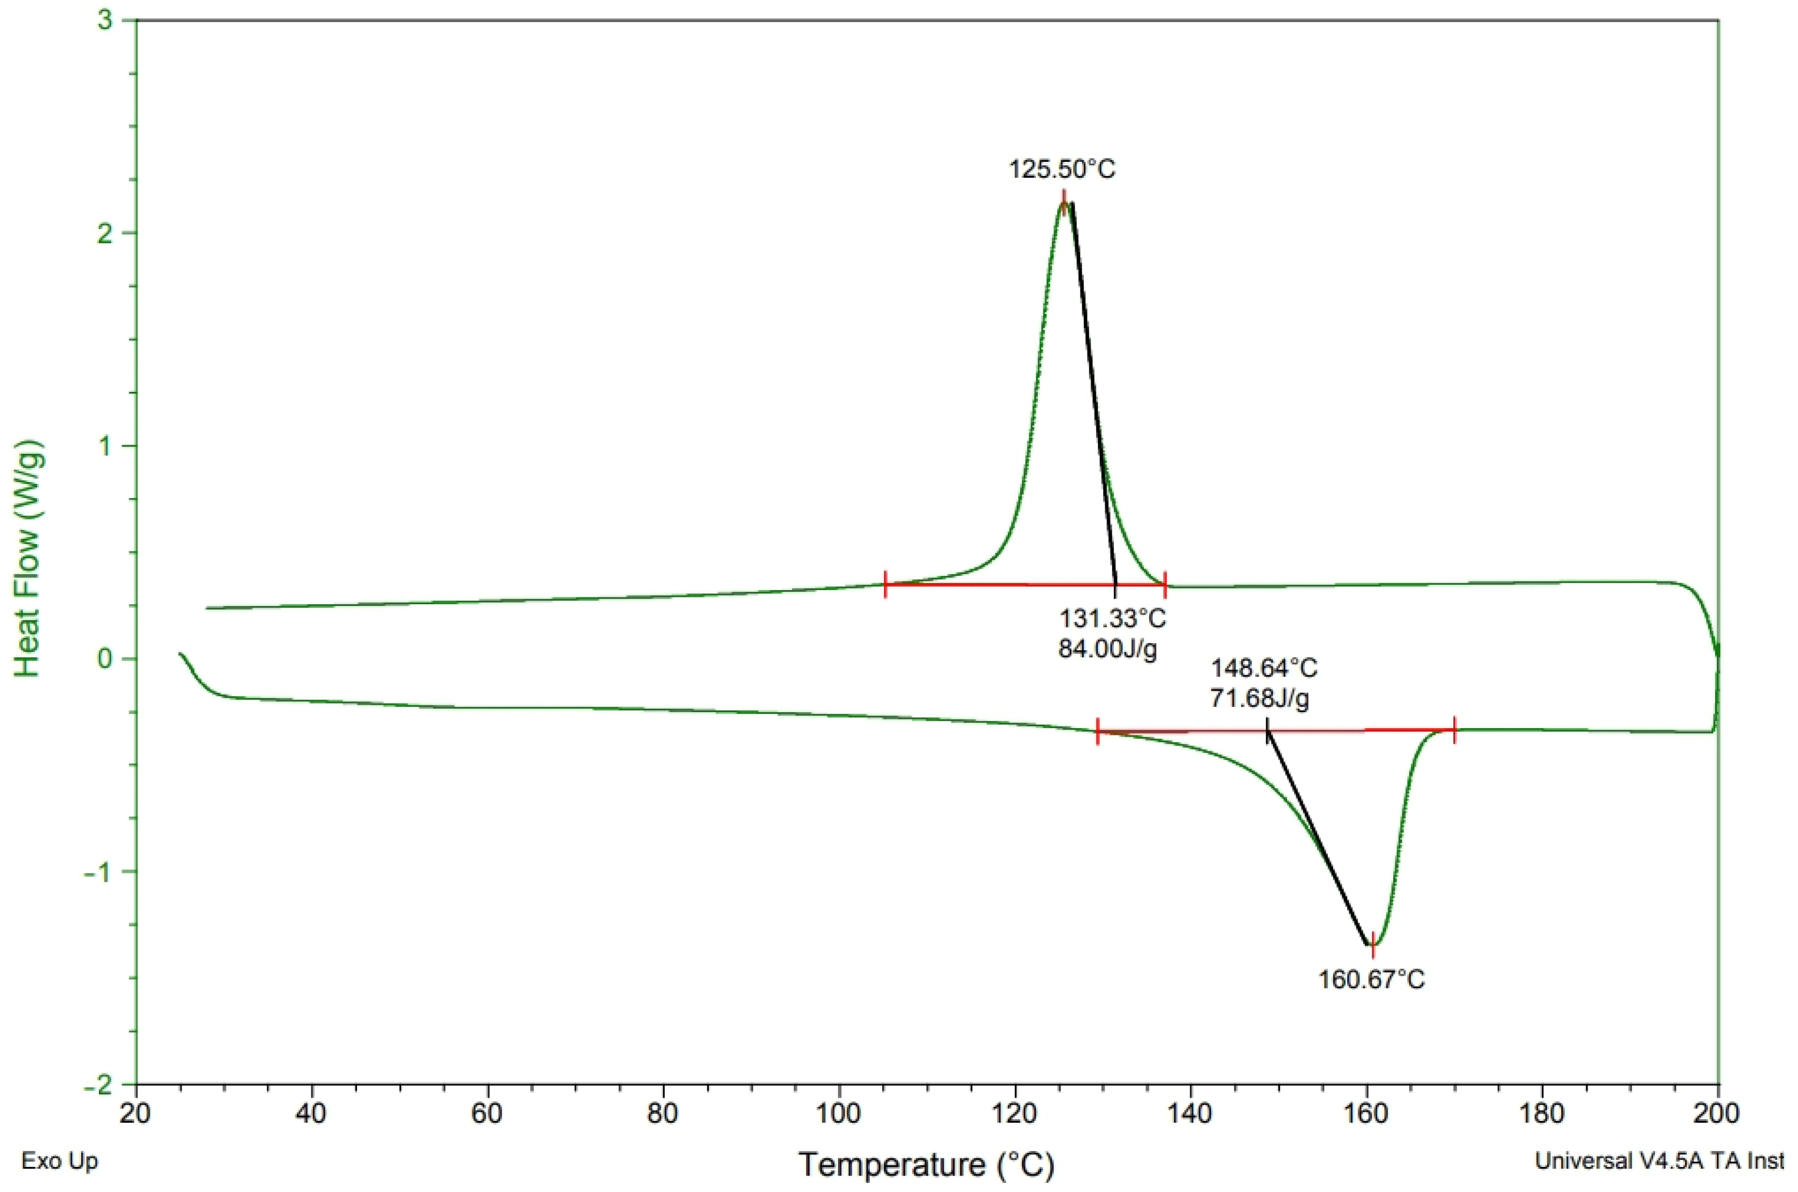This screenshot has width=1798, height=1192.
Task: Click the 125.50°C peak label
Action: point(1062,169)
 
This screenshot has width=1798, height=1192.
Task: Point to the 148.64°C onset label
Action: point(1264,668)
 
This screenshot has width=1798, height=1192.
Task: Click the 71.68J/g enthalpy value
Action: point(1260,698)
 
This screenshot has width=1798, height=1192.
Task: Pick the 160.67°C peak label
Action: point(1372,979)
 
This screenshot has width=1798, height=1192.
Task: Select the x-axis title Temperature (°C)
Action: point(927,1164)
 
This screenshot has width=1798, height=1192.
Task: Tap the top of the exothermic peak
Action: point(1064,202)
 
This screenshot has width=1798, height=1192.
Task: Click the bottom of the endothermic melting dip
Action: point(1372,945)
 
